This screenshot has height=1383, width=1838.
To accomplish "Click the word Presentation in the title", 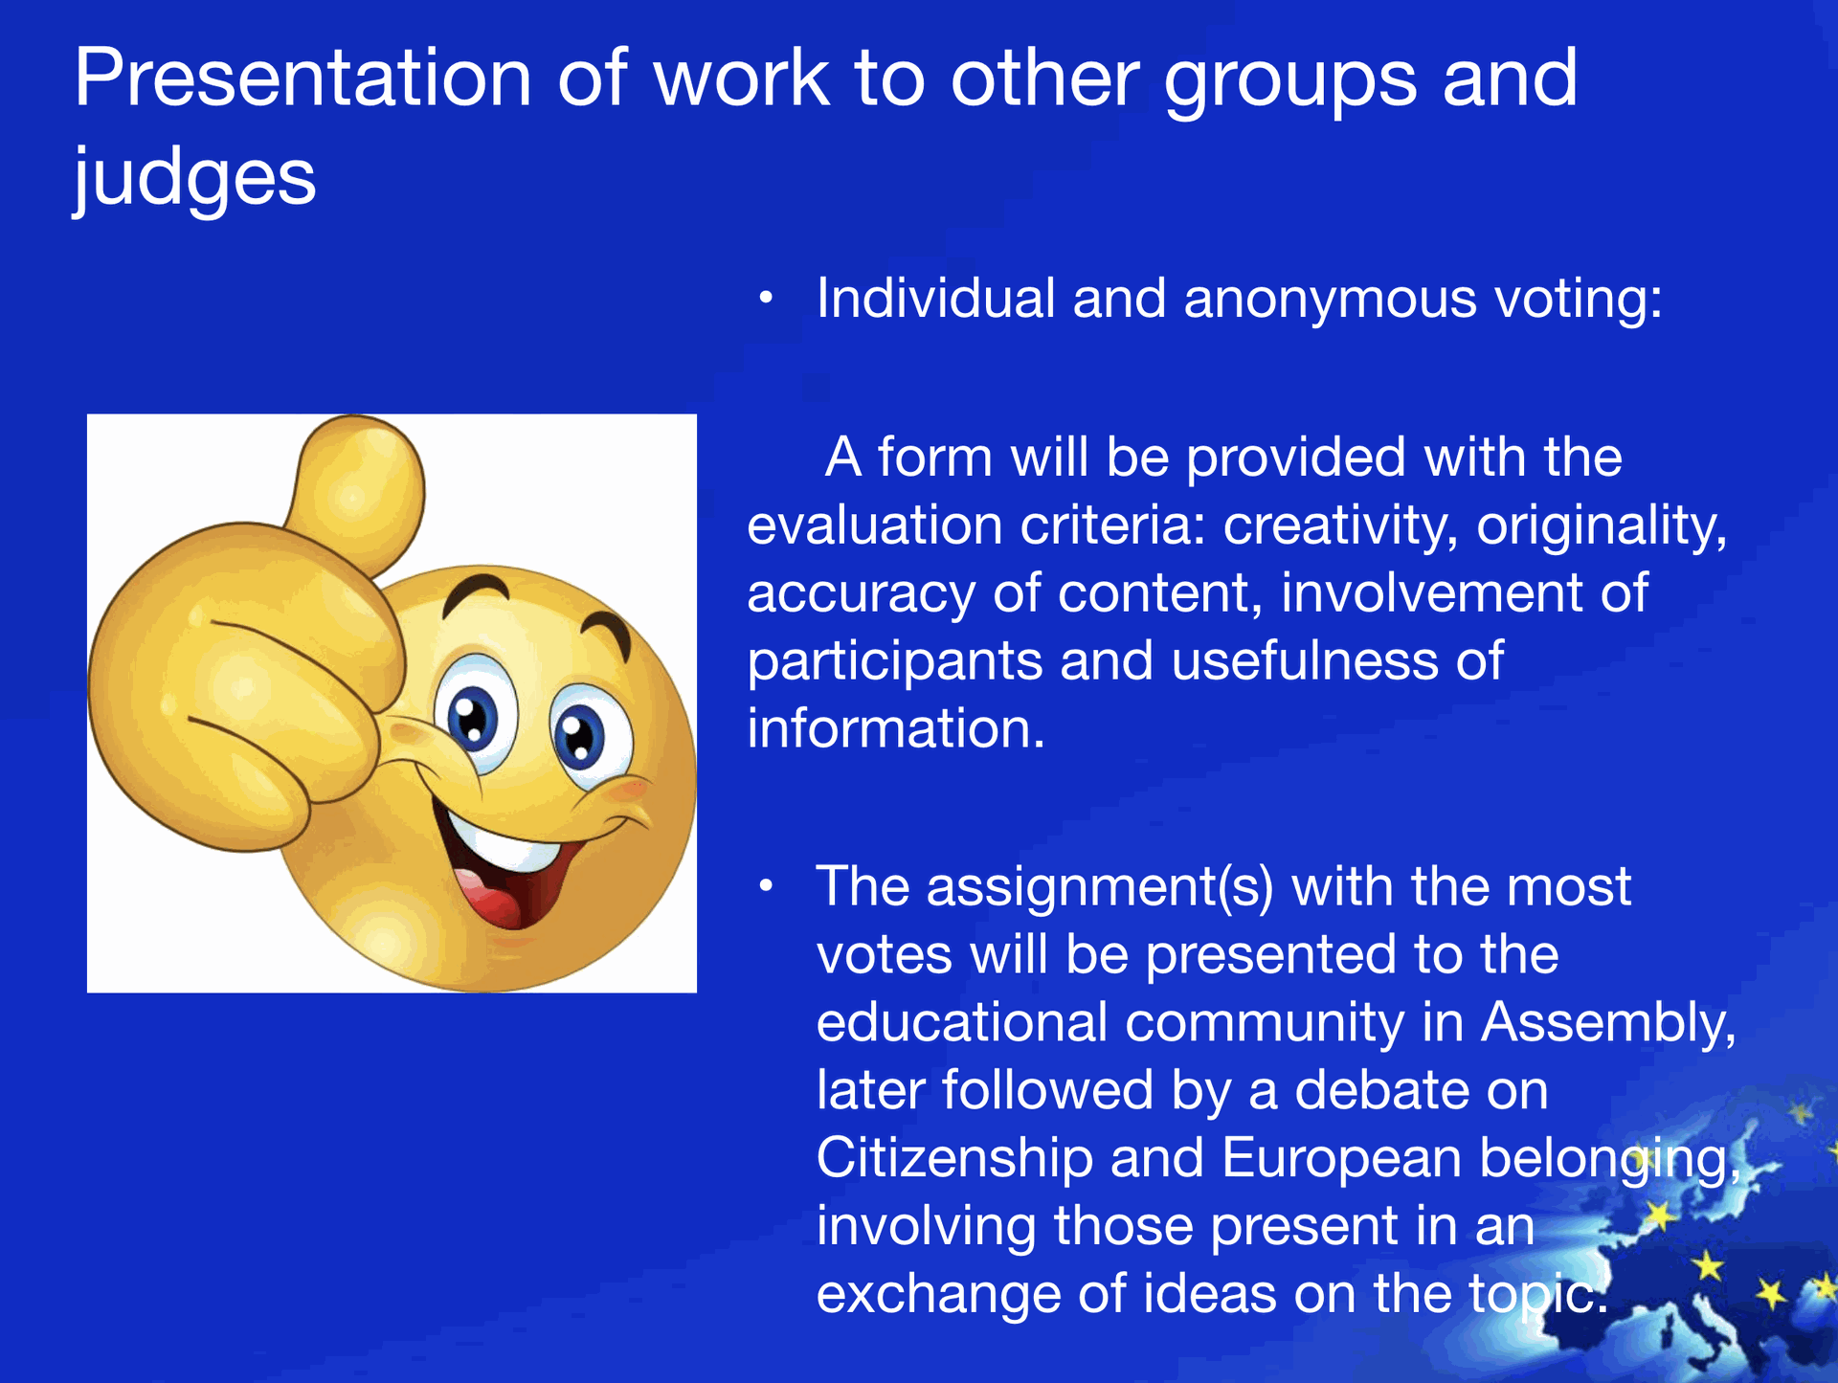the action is point(303,78).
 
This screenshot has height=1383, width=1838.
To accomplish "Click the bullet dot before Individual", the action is point(765,300).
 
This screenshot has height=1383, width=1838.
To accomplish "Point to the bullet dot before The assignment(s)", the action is point(765,887).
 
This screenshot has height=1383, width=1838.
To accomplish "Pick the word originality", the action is point(1602,526).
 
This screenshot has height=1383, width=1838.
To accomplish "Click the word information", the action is point(896,728).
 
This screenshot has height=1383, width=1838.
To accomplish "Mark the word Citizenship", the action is point(954,1159).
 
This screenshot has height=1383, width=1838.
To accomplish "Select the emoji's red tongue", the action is point(493,895).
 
